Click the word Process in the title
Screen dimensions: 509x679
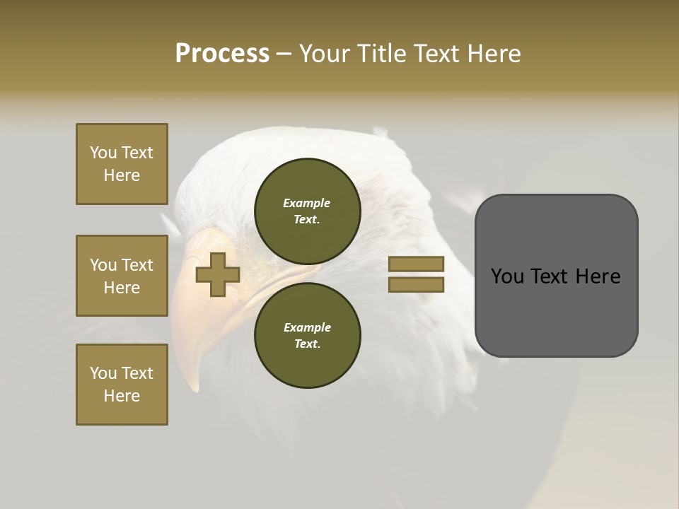[222, 54]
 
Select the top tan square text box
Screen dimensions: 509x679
[122, 164]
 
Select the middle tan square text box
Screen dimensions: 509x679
[122, 276]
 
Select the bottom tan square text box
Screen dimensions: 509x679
[122, 385]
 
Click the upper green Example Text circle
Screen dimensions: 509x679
[307, 211]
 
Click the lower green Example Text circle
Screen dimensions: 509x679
[307, 335]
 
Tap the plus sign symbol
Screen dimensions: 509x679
[218, 275]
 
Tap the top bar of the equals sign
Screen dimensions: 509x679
[416, 264]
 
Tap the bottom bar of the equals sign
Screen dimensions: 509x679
[416, 284]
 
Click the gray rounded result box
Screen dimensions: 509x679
[556, 276]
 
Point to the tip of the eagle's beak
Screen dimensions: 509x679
[193, 386]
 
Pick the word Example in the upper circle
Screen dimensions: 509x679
[306, 203]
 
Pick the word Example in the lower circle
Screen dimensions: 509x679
[306, 327]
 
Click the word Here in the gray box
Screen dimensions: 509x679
[597, 276]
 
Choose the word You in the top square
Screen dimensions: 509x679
[103, 153]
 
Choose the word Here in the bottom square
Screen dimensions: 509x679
[122, 396]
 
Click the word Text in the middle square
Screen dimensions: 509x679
[137, 265]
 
